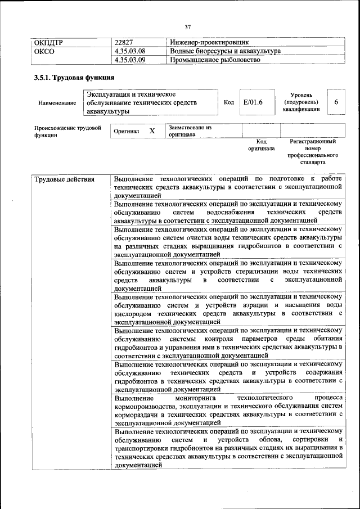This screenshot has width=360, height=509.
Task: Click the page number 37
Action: click(187, 25)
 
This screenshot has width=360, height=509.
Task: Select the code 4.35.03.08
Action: click(129, 51)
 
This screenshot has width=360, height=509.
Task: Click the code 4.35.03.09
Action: click(129, 60)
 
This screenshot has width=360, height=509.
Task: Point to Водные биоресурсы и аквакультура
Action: click(225, 51)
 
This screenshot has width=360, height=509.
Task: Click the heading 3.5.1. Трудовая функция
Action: click(74, 78)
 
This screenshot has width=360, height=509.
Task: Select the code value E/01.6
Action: click(253, 102)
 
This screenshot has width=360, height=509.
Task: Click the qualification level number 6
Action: click(336, 102)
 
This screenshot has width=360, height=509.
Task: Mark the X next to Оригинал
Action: click(152, 131)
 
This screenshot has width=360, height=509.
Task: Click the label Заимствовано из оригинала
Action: click(189, 131)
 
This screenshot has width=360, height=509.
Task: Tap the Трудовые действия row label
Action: click(64, 180)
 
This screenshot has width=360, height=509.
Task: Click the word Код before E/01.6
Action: click(229, 102)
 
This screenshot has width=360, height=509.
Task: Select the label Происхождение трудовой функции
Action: click(67, 131)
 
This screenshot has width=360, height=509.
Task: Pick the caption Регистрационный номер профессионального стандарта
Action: click(313, 152)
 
